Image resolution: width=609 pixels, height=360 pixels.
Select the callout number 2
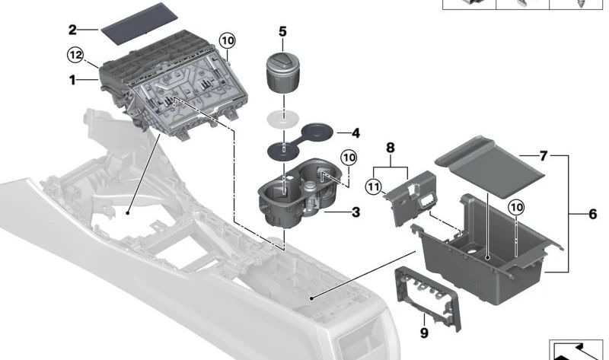[x=72, y=30]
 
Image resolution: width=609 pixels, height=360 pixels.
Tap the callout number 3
[x=356, y=212]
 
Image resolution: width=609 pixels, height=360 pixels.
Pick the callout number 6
[x=592, y=215]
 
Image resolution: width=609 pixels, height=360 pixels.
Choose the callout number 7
[x=543, y=155]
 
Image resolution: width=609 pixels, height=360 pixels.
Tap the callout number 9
[x=423, y=332]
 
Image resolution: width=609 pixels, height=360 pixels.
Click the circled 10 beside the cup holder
[x=348, y=158]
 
